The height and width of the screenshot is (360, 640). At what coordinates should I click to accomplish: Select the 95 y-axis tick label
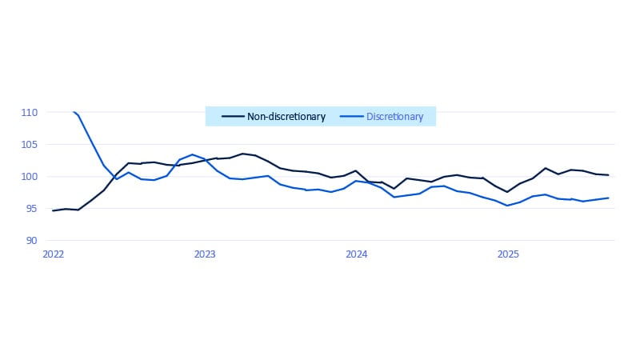[32, 209]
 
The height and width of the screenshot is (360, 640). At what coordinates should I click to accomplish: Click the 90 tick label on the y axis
[32, 241]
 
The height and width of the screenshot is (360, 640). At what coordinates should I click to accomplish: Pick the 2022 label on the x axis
[53, 254]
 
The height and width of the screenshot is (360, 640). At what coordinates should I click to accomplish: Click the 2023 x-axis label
[205, 254]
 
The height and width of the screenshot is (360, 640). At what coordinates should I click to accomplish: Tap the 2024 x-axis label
[357, 254]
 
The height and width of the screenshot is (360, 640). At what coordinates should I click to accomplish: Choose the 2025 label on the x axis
[508, 254]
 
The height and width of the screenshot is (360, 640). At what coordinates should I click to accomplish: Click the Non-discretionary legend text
[286, 117]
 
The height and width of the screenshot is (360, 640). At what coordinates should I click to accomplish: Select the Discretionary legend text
[394, 117]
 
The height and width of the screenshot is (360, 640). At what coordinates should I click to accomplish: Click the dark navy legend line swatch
[232, 117]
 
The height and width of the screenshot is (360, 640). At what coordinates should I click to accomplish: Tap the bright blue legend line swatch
[351, 117]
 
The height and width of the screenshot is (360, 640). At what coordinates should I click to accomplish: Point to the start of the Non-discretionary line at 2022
[53, 210]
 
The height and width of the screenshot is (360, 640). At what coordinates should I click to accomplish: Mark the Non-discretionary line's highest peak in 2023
[242, 154]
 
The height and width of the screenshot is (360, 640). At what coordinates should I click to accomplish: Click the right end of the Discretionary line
[609, 198]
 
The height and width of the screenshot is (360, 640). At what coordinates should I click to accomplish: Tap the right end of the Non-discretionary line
[609, 175]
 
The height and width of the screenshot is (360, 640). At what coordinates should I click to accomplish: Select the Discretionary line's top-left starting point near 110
[73, 112]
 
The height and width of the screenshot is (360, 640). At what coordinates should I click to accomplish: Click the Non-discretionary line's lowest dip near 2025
[507, 192]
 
